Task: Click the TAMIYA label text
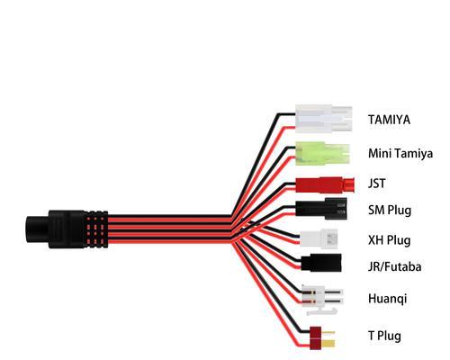[389, 120]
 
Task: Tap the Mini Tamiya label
[400, 153]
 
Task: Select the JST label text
[377, 184]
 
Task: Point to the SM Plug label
[390, 210]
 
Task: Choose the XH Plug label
[390, 240]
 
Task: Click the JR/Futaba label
[395, 266]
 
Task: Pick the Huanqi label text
[388, 299]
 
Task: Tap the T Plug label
[384, 336]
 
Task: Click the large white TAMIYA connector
[323, 119]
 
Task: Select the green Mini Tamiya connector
[322, 153]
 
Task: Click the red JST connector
[325, 184]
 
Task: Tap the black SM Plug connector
[321, 209]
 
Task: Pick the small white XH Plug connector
[319, 238]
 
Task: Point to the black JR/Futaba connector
[321, 263]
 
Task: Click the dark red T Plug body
[315, 337]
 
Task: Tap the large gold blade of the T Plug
[328, 344]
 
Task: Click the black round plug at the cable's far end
[37, 229]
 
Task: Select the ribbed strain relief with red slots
[96, 229]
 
